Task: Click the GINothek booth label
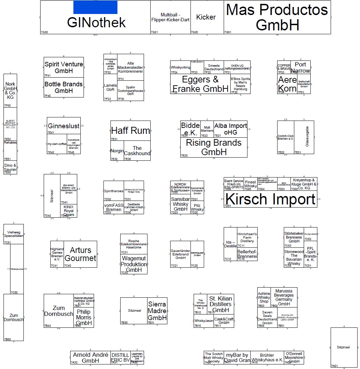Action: tap(96, 23)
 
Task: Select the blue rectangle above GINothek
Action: tap(95, 7)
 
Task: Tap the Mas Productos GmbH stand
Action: tap(277, 17)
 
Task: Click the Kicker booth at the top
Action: tap(206, 17)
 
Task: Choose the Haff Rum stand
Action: tap(130, 131)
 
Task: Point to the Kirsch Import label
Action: tap(270, 199)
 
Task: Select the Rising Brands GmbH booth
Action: tap(214, 147)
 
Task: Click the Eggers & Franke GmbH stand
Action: tap(200, 84)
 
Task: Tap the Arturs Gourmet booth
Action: tap(80, 254)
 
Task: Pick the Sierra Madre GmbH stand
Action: tap(157, 311)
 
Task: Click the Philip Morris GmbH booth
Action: tap(84, 317)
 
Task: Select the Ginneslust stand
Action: tap(64, 126)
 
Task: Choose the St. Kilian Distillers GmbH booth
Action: tap(221, 304)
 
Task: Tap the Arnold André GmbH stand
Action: tap(90, 357)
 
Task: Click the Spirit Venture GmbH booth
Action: tap(64, 67)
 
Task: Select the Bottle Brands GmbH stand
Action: tap(64, 87)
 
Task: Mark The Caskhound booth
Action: tap(137, 151)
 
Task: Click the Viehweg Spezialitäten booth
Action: tap(14, 234)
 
